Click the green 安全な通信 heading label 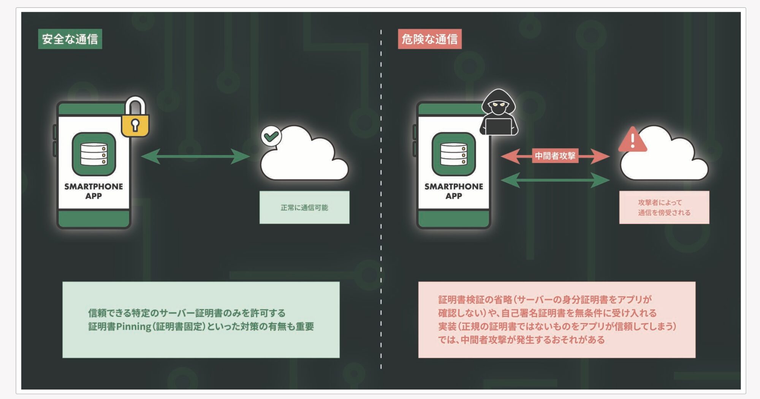(x=70, y=39)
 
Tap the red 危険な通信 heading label (x=429, y=39)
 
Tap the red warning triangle (x=632, y=140)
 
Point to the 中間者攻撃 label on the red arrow (x=555, y=156)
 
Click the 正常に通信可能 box (x=304, y=207)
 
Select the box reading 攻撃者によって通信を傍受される (x=664, y=207)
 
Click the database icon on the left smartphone (x=94, y=154)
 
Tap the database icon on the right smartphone (x=454, y=154)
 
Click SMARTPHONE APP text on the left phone (x=93, y=191)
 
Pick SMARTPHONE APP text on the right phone (x=454, y=191)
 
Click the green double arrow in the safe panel (x=195, y=156)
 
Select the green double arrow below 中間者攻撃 (x=555, y=180)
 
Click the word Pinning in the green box (x=133, y=327)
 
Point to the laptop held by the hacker (x=498, y=127)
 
